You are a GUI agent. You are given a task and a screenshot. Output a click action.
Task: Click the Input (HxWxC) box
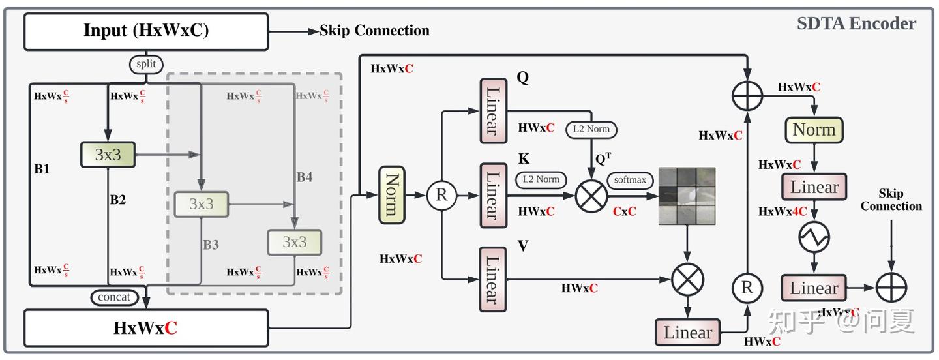point(146,31)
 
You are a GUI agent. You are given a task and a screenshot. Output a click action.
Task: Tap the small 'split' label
point(146,64)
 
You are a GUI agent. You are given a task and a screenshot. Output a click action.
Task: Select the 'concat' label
point(115,297)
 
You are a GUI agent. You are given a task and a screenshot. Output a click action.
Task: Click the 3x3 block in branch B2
point(108,155)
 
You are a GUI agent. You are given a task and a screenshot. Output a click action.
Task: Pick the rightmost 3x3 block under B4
point(294,242)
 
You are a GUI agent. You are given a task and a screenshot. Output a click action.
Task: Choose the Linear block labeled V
point(492,279)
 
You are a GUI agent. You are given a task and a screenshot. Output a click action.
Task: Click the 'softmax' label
point(627,179)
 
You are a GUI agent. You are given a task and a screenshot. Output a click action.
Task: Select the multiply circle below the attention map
point(687,280)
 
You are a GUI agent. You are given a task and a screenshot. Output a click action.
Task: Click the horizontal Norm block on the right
point(814,130)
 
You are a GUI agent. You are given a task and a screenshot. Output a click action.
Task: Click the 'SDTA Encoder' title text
point(856,24)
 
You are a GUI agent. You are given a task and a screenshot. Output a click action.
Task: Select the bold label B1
point(42,168)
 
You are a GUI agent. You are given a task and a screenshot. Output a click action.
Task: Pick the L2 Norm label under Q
point(591,129)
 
